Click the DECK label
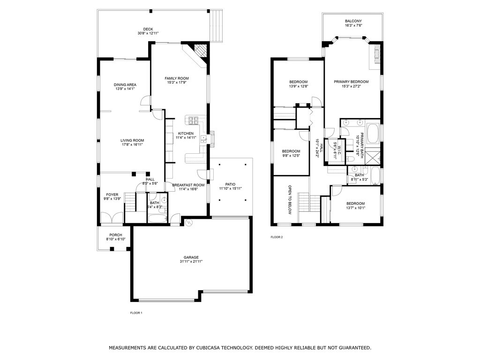coord(148,29)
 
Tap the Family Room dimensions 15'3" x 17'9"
coord(177,82)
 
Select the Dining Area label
coord(125,85)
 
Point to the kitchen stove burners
coord(194,120)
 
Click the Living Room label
coord(132,141)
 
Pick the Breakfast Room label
coord(188,185)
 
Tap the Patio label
coord(230,184)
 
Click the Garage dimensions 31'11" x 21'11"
coord(191,262)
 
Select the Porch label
coord(116,235)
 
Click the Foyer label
coord(112,195)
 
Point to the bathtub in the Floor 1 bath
coord(157,218)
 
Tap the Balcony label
coord(353,21)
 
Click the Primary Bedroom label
coord(351,82)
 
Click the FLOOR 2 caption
coord(277,237)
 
